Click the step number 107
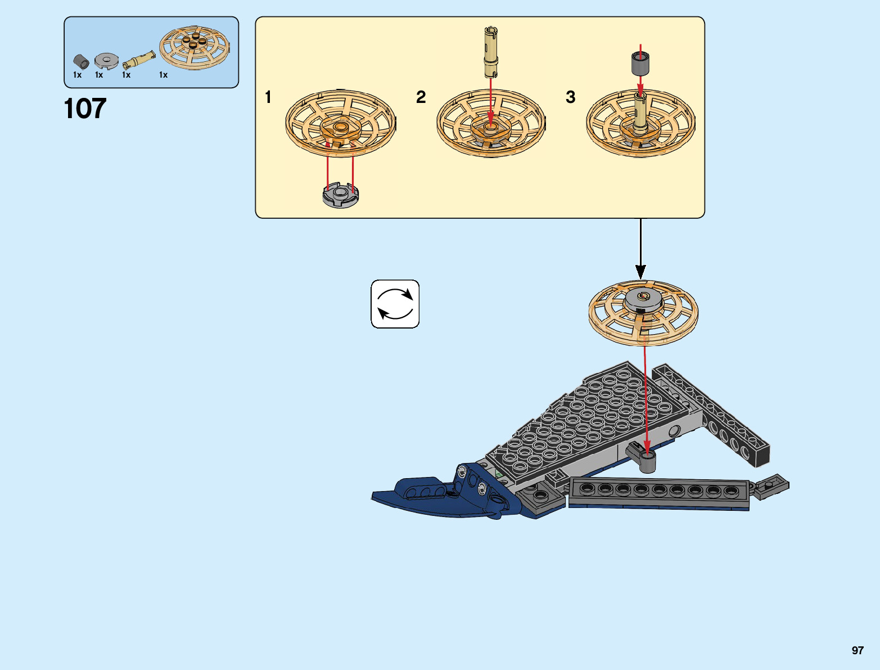coord(85,109)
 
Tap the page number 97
coord(857,650)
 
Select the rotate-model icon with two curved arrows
coord(395,304)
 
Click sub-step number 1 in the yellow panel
coord(268,97)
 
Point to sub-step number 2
coord(421,97)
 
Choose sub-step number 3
coord(570,97)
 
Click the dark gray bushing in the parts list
coord(81,61)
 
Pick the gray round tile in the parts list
coord(106,60)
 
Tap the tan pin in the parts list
coord(139,59)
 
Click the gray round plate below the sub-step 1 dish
coord(340,196)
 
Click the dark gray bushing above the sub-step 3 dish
coord(640,63)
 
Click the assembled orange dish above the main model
coord(643,311)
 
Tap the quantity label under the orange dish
coord(163,75)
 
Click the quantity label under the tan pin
coord(127,75)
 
